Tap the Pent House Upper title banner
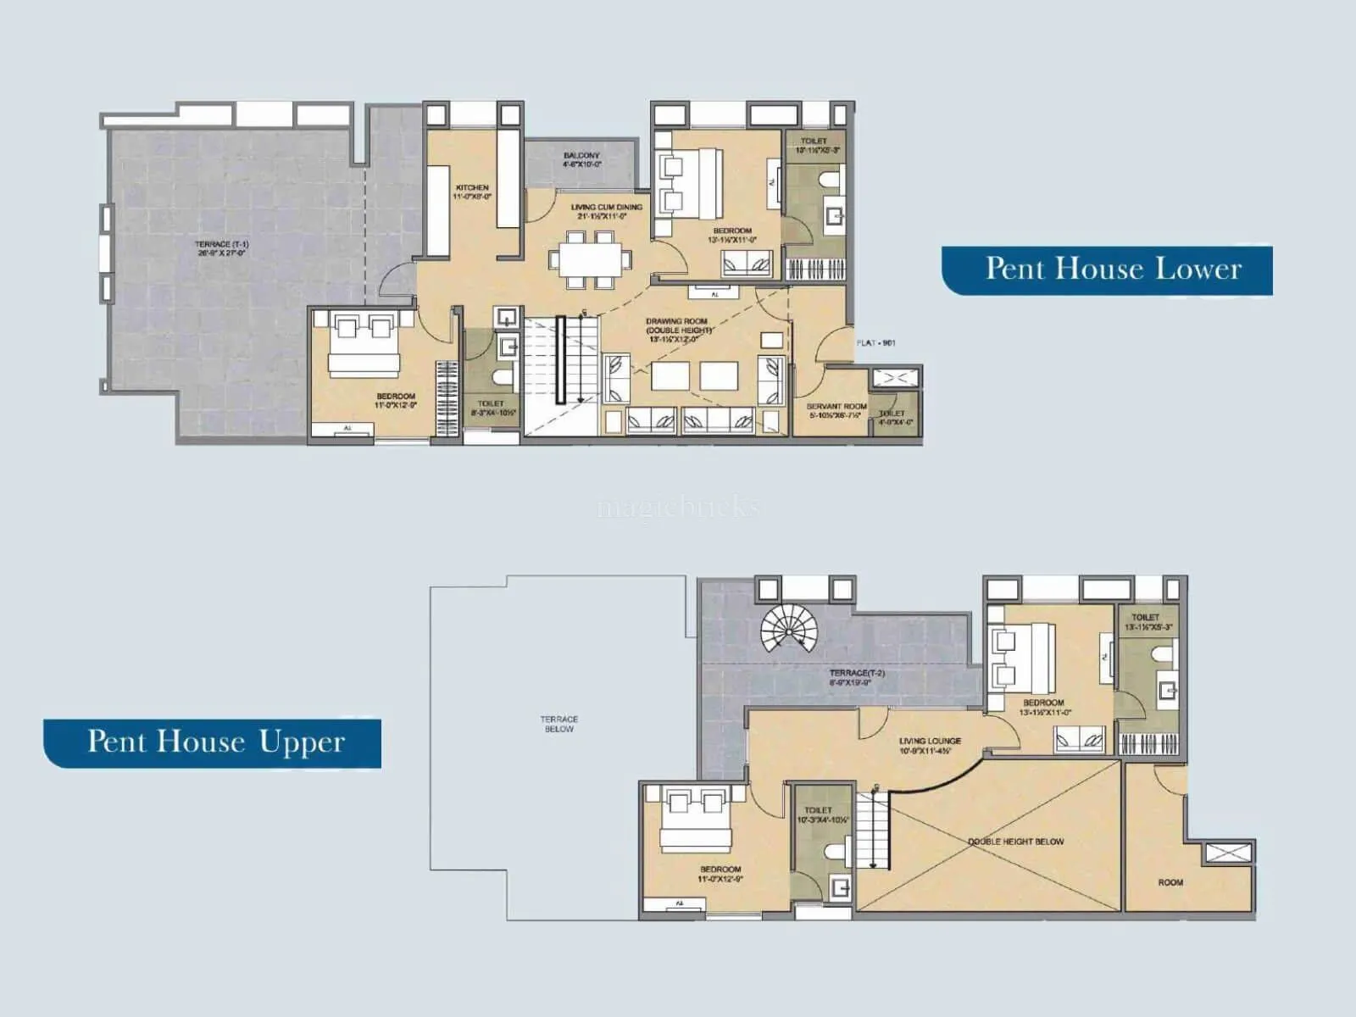214,742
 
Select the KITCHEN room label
472,187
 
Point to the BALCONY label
581,156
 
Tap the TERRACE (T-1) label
221,245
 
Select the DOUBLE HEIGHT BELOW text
1015,842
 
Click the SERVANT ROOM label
836,407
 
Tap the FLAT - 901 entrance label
875,343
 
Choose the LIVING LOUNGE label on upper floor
930,741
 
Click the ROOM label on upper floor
1170,882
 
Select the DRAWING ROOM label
676,322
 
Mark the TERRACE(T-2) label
857,673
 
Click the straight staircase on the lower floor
559,360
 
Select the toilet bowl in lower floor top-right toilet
828,179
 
